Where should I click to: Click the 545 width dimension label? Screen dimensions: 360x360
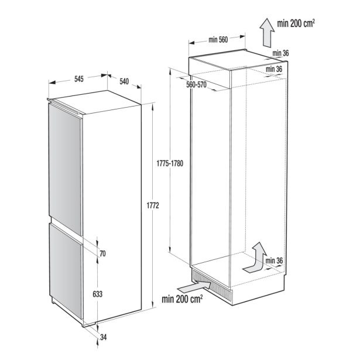coord(79,79)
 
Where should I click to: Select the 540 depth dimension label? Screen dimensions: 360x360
coord(124,81)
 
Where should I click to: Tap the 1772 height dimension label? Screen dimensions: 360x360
coord(153,205)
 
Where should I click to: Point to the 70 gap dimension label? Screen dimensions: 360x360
coord(102,253)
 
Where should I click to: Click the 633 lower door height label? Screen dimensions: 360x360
coord(98,294)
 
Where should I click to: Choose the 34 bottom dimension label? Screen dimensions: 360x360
coord(104,337)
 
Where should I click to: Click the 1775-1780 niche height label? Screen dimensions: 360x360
coord(170,163)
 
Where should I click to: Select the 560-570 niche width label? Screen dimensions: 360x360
coord(196,85)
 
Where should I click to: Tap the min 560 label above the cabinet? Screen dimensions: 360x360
coord(218,40)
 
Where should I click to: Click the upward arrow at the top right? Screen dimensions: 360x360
coord(267,33)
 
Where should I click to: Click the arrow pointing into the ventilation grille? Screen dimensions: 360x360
coord(194,287)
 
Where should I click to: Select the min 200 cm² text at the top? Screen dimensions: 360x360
coord(296,23)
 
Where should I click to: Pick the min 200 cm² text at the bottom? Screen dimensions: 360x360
coord(182,299)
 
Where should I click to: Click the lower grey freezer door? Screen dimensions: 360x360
coord(66,271)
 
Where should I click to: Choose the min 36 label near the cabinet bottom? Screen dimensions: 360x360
coord(274,261)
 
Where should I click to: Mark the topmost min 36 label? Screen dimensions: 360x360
coord(280,53)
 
